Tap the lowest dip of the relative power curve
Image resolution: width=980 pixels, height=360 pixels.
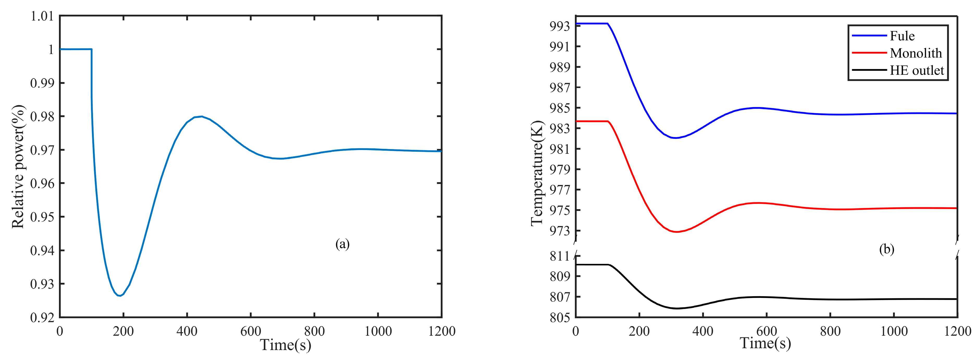pyautogui.click(x=120, y=296)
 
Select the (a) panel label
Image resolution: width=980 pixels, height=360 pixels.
pyautogui.click(x=342, y=244)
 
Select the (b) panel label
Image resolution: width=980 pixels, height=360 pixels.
pyautogui.click(x=886, y=249)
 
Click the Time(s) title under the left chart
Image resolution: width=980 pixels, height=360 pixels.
pyautogui.click(x=285, y=345)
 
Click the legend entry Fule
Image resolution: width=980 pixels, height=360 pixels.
pyautogui.click(x=902, y=36)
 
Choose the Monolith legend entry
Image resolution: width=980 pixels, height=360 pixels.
pyautogui.click(x=915, y=53)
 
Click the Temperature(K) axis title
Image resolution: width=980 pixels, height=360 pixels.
pyautogui.click(x=537, y=173)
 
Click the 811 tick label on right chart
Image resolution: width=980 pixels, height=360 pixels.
pyautogui.click(x=560, y=256)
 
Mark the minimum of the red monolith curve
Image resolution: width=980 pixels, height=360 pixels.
pyautogui.click(x=677, y=232)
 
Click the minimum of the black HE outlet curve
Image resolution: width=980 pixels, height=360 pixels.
pyautogui.click(x=677, y=308)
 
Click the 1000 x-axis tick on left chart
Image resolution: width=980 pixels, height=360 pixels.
pyautogui.click(x=378, y=331)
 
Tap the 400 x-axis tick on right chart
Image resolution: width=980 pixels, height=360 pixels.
pyautogui.click(x=703, y=331)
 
